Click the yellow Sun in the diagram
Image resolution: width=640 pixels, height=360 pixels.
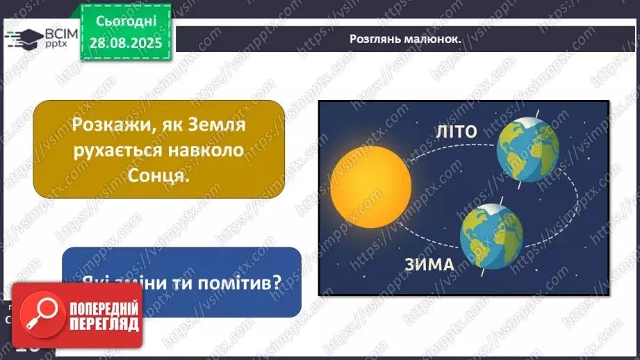click(x=371, y=181)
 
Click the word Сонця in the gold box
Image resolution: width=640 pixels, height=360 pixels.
click(x=159, y=176)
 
